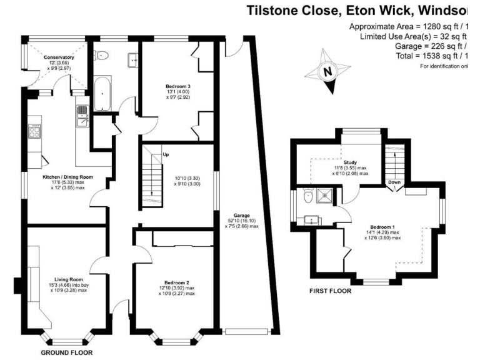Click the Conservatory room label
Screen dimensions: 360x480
tap(59, 57)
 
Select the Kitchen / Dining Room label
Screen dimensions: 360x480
tap(67, 177)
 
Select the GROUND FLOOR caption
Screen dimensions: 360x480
tap(66, 352)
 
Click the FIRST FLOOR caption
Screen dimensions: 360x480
tap(331, 291)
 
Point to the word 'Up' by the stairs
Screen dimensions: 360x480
tap(166, 154)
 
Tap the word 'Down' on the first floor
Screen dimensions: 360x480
tap(394, 183)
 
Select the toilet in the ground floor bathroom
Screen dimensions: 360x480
tap(102, 56)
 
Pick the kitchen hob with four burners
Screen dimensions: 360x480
tap(34, 131)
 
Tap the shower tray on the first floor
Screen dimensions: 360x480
tap(324, 197)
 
